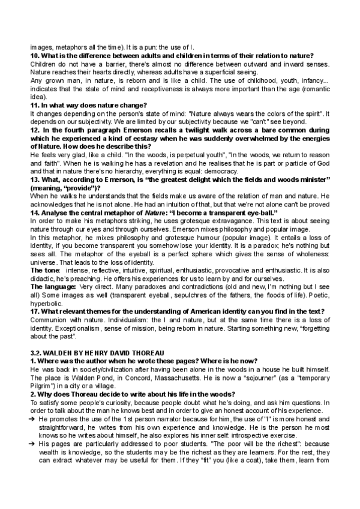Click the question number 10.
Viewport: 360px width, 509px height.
tap(34, 56)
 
